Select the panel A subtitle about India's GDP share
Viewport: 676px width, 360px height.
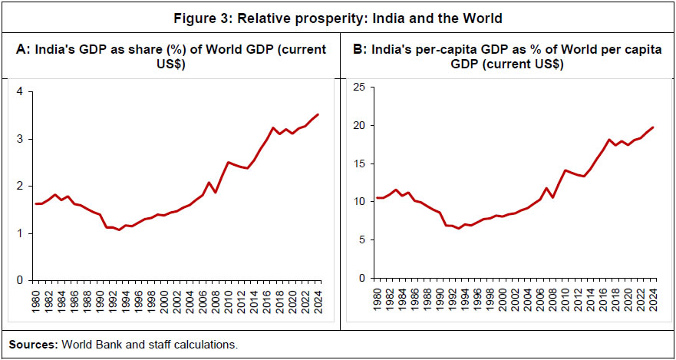pos(171,57)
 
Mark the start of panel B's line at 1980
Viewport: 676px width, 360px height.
pos(376,198)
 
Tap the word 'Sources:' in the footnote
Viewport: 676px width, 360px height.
pos(31,345)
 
